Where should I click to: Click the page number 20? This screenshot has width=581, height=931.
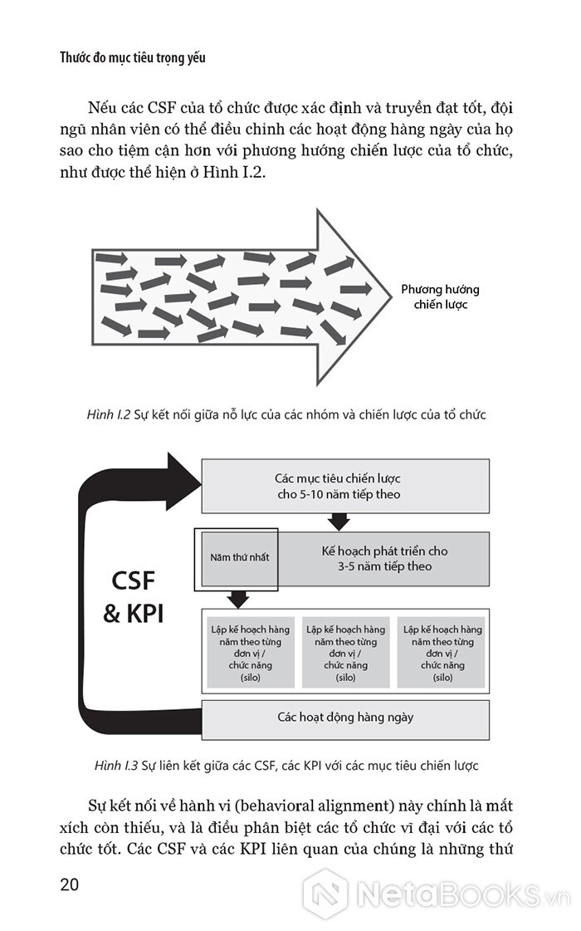(x=70, y=884)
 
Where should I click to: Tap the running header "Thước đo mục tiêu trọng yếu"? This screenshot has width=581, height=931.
(x=132, y=57)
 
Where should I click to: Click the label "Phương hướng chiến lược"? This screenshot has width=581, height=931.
(x=441, y=296)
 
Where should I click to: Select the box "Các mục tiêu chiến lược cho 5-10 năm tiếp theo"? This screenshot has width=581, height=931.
(x=345, y=487)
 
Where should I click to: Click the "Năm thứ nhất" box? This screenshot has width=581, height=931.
(x=239, y=558)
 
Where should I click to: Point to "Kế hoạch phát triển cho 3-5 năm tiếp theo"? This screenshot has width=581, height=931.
(x=384, y=559)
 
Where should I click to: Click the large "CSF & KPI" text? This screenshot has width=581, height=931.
(x=134, y=596)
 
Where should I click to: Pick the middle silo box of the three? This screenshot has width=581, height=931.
(x=345, y=653)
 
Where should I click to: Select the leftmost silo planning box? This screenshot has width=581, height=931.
(x=251, y=653)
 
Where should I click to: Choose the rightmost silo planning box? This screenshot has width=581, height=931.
(x=442, y=653)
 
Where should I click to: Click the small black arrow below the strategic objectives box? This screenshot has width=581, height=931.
(x=339, y=522)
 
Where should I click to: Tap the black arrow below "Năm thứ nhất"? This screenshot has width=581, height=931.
(x=238, y=599)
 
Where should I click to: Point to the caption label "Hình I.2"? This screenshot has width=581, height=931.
(x=108, y=414)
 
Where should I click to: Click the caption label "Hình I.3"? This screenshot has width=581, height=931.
(x=115, y=766)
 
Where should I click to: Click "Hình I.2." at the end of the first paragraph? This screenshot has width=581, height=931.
(x=234, y=172)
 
